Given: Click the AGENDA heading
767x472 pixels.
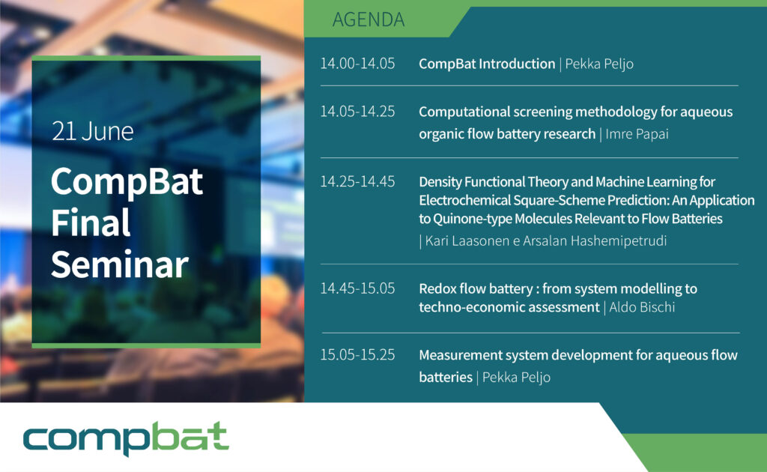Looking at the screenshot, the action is (x=369, y=19).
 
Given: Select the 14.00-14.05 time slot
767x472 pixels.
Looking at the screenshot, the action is (x=357, y=64).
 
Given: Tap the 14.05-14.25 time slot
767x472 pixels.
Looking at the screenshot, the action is (x=357, y=112).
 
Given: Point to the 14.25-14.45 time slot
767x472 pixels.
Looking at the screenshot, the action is (x=357, y=181).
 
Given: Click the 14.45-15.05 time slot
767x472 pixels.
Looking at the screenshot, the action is (x=357, y=288).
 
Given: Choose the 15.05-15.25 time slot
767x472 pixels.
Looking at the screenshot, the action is (x=357, y=354).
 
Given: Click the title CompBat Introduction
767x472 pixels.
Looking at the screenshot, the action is (x=487, y=64).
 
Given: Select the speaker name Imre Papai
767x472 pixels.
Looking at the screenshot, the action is (x=637, y=134).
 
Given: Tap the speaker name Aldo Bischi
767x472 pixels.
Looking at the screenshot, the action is (x=642, y=307).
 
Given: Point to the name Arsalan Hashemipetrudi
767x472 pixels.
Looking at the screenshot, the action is (x=594, y=240).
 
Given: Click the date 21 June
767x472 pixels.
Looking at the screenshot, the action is (x=92, y=132).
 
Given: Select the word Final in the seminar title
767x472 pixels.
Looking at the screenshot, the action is (x=91, y=223).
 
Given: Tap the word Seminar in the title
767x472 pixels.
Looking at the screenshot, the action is (x=120, y=264).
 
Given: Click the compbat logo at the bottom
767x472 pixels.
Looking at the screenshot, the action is (x=126, y=438).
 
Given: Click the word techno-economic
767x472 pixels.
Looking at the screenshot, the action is (x=509, y=307).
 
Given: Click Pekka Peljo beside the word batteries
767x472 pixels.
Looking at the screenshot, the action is (x=516, y=378).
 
